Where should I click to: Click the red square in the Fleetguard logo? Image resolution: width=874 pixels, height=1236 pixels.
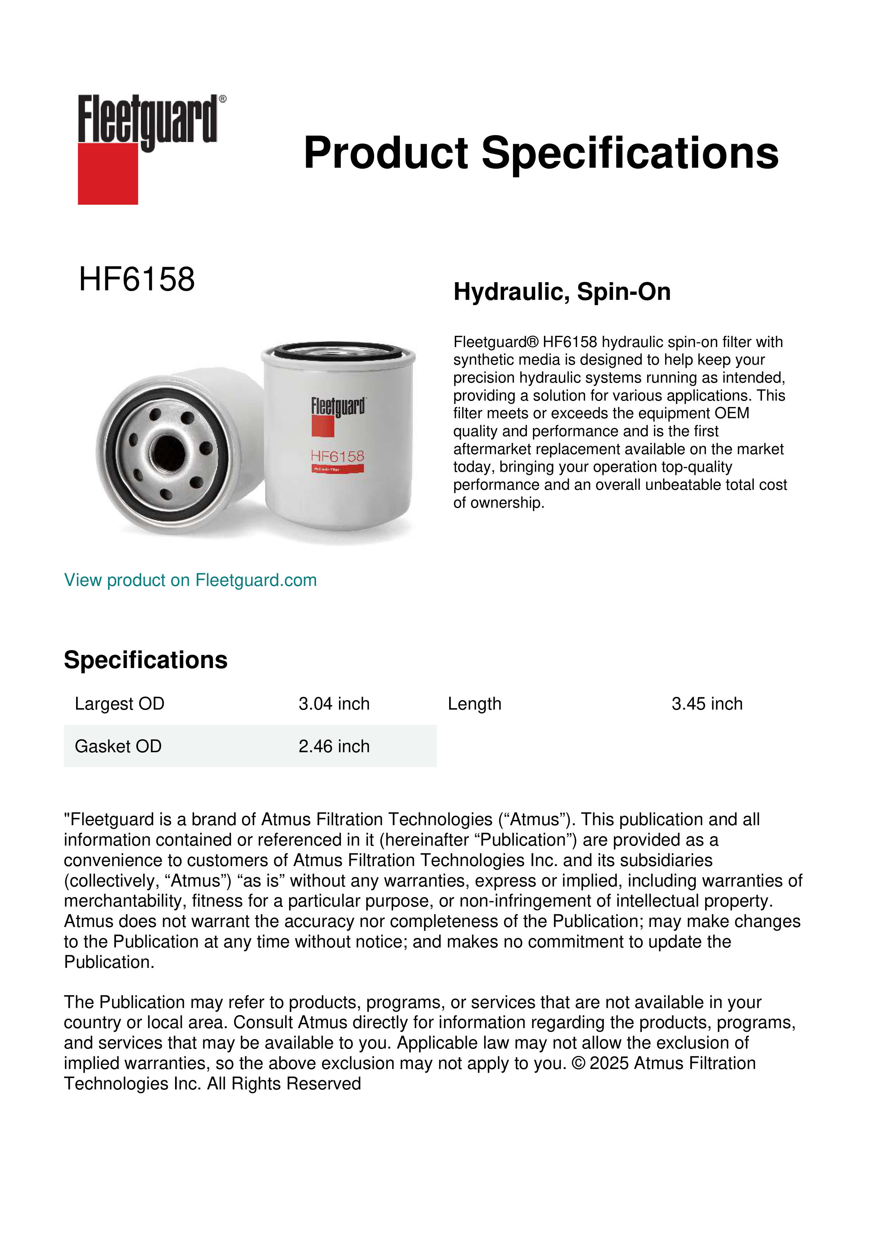(x=108, y=173)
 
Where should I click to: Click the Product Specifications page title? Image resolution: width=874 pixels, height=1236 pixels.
(x=541, y=153)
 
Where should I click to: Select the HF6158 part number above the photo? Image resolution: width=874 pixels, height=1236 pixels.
(x=137, y=279)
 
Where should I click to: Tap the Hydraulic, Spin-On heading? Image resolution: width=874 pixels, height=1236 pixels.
(x=562, y=292)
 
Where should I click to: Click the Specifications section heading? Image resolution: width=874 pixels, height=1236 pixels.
(x=145, y=660)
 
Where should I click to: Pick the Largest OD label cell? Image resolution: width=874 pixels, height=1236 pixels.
(x=119, y=704)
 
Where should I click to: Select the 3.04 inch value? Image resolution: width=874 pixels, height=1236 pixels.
(x=334, y=704)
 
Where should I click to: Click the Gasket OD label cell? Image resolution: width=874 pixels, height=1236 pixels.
(x=118, y=746)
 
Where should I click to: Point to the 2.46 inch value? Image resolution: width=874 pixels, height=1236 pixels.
(x=334, y=746)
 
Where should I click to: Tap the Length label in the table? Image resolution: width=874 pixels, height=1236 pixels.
(x=474, y=704)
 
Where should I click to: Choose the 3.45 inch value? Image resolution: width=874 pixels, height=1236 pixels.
(x=707, y=704)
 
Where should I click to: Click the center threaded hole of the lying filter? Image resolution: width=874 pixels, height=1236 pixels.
(x=168, y=451)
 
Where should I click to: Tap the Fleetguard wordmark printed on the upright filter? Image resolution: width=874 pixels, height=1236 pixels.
(x=338, y=407)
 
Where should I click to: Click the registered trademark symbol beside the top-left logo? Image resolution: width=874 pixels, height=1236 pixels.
(x=223, y=99)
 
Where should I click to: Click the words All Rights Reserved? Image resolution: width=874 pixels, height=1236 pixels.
(x=296, y=1084)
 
